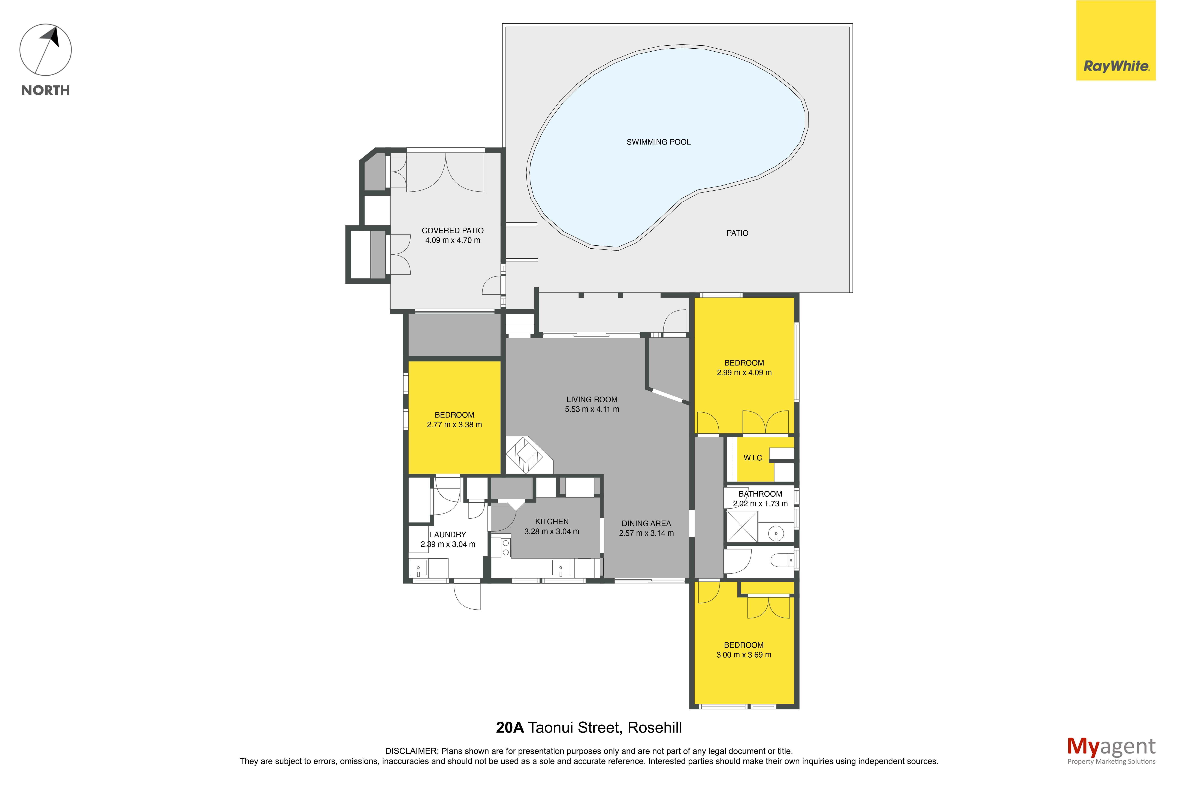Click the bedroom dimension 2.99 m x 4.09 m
pos(744,372)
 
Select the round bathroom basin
pos(776,533)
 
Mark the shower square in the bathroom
pos(742,527)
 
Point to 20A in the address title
pos(510,727)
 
